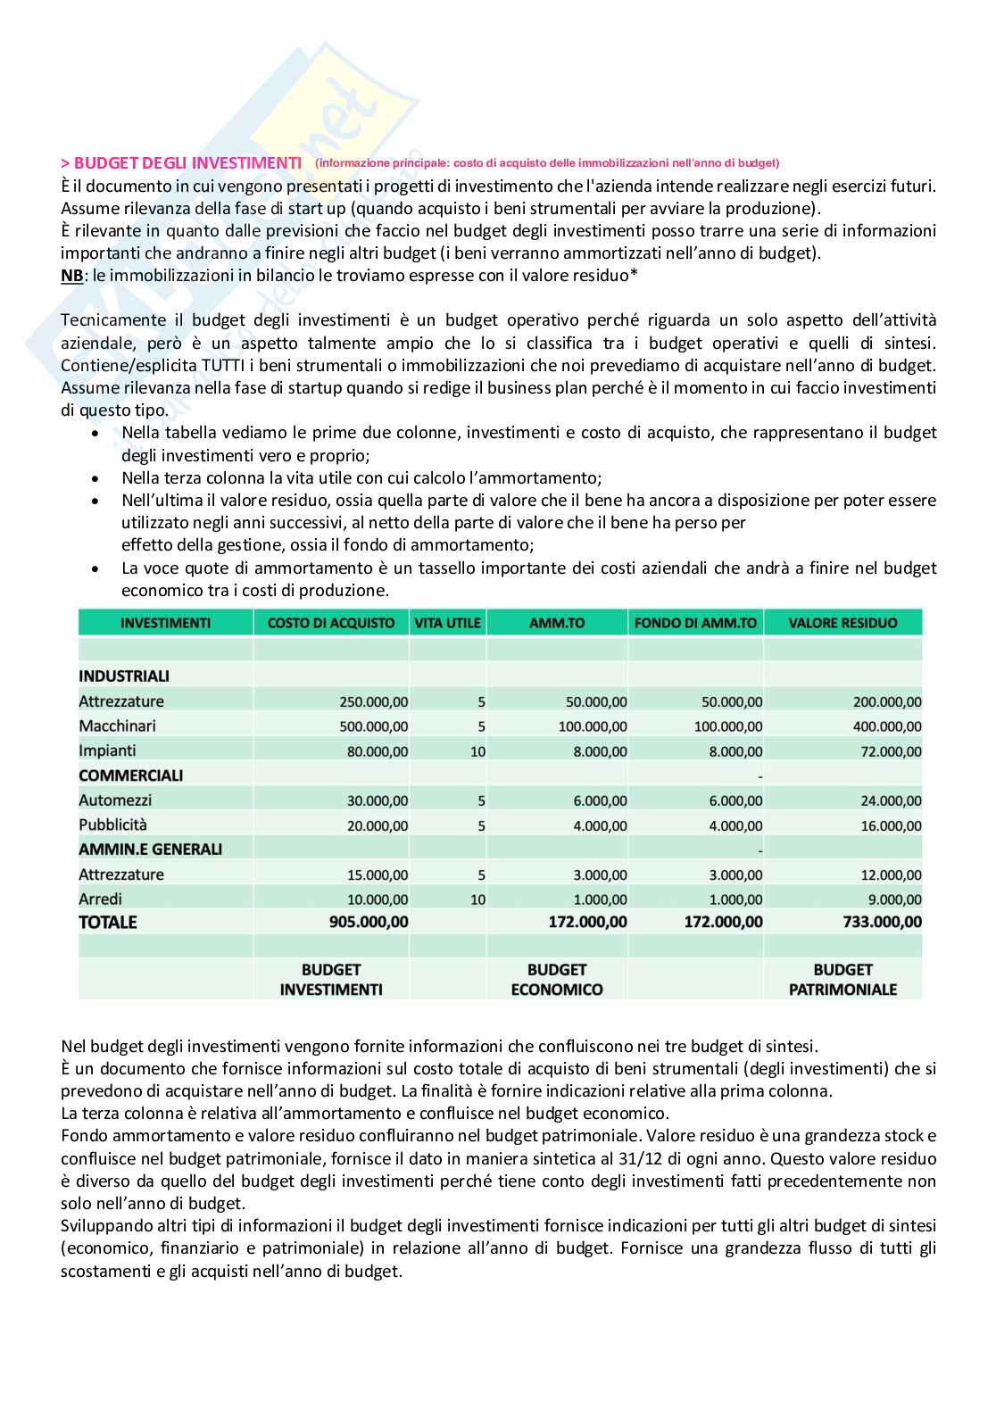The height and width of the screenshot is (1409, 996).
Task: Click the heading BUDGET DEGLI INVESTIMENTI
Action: [187, 162]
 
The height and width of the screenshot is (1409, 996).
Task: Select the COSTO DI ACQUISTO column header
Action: [330, 623]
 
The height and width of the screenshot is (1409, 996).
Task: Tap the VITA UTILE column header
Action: [447, 623]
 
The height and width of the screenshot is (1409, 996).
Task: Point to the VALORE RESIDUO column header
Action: [842, 623]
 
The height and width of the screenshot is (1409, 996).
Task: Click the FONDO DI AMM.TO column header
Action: [695, 623]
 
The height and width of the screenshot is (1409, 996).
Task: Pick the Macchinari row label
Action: [112, 726]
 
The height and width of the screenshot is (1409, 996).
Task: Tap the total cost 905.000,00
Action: [367, 923]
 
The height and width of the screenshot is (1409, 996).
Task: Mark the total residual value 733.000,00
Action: [883, 923]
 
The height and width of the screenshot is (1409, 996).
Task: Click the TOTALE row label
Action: [108, 923]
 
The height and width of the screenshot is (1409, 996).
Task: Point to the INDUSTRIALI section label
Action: [124, 676]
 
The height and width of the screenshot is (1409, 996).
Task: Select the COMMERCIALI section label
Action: [130, 775]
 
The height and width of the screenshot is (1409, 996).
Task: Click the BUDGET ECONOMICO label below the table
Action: [557, 979]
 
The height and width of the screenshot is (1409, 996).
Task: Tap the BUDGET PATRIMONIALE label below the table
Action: [842, 979]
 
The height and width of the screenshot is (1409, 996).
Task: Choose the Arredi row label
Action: [101, 899]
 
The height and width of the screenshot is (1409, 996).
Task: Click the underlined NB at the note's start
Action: [71, 274]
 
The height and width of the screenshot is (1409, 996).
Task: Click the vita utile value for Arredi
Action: [478, 899]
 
